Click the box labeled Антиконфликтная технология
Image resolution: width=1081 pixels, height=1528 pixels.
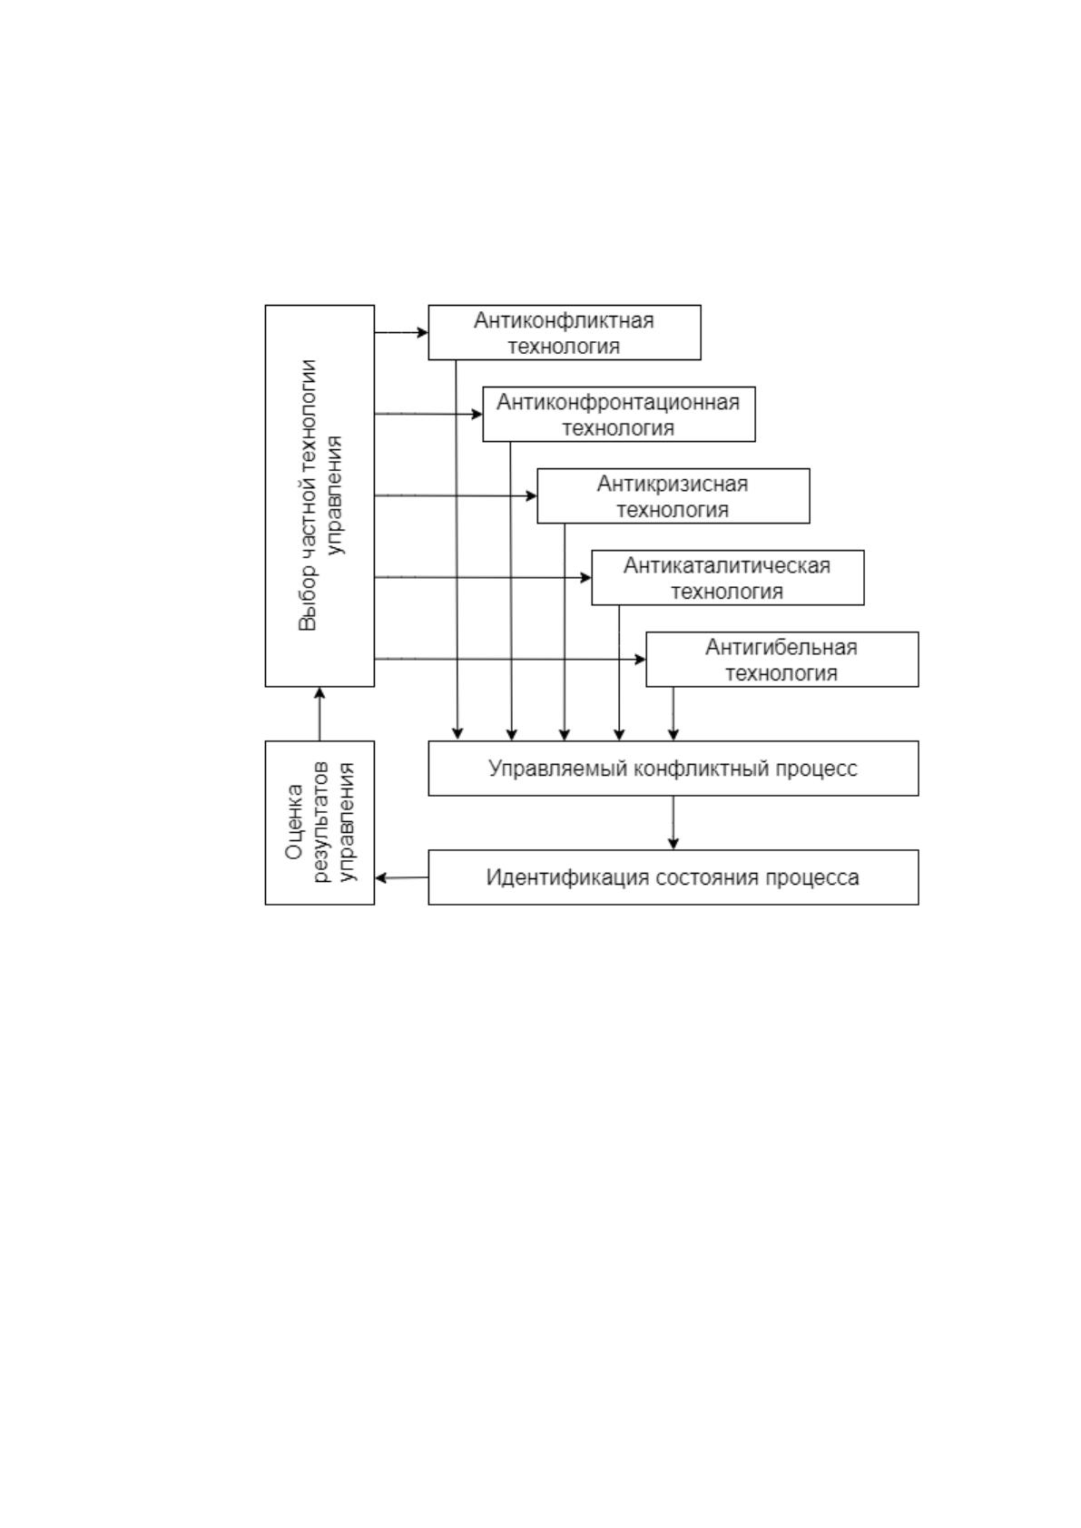565,332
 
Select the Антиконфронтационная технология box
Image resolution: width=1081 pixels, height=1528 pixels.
619,414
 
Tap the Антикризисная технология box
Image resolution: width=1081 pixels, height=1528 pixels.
673,496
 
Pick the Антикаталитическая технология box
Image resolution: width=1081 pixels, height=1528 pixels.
728,578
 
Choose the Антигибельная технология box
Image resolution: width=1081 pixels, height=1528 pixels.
782,660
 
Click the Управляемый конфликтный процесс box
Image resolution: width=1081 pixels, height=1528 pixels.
673,769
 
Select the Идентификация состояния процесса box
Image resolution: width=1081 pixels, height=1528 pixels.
673,878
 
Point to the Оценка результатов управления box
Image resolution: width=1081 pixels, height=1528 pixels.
319,823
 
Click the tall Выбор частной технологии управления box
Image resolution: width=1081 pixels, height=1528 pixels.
319,496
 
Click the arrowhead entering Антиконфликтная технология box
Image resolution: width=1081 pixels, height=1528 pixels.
423,333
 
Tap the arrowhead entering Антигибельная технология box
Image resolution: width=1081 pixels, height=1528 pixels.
641,660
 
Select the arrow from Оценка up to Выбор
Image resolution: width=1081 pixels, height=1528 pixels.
319,714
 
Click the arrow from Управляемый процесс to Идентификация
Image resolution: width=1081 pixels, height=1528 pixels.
673,823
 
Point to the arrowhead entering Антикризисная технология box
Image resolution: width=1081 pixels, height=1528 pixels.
532,496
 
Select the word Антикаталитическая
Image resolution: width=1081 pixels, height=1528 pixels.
727,565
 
